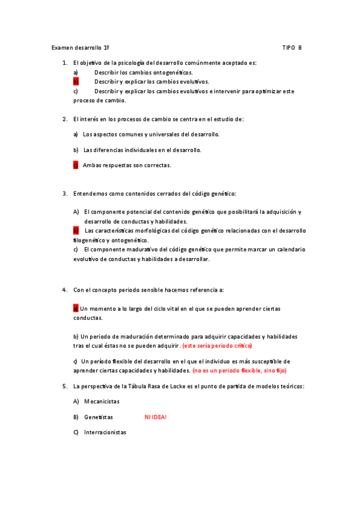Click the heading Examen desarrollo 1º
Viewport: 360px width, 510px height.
tap(80, 48)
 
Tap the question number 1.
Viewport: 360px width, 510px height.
tap(64, 63)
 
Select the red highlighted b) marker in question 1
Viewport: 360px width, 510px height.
tap(76, 81)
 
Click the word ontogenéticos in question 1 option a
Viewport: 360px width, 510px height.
tap(169, 72)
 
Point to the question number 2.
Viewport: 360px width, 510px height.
tap(64, 119)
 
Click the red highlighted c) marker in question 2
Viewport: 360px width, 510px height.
tap(76, 165)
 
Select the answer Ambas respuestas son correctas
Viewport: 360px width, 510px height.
tap(127, 165)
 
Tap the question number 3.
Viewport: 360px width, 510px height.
tap(64, 194)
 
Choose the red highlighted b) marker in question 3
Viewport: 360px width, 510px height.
tap(76, 231)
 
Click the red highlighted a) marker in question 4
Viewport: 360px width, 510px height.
tap(76, 309)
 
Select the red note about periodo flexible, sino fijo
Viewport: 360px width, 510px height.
tap(239, 371)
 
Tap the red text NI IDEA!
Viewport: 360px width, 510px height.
tap(156, 417)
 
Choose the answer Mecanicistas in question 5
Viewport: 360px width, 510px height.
tap(102, 401)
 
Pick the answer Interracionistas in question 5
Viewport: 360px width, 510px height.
tap(105, 432)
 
